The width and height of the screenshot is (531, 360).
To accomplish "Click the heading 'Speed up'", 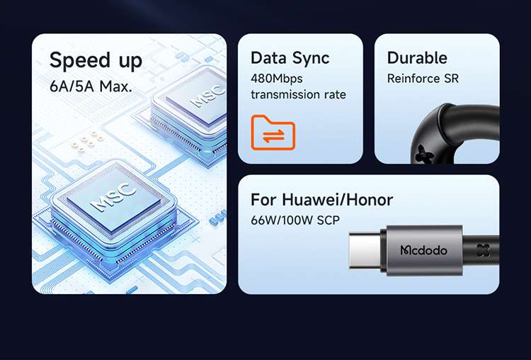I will (x=96, y=61).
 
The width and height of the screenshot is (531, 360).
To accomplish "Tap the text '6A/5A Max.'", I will (x=91, y=87).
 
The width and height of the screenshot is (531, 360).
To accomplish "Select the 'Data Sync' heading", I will (x=290, y=58).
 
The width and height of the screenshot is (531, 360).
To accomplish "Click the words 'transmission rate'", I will (x=298, y=94).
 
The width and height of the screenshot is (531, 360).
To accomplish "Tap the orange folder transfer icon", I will (x=273, y=132).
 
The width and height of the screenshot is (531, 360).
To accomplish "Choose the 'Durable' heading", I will (x=417, y=58).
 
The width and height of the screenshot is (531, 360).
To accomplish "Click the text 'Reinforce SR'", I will (x=423, y=79).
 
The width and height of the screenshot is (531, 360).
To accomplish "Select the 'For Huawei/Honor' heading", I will (x=322, y=200).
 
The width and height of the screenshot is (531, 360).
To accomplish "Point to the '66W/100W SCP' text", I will (x=295, y=220).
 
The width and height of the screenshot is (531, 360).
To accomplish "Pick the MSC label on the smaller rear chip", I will (x=207, y=96).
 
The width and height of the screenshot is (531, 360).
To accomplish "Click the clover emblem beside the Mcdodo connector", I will (x=484, y=251).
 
